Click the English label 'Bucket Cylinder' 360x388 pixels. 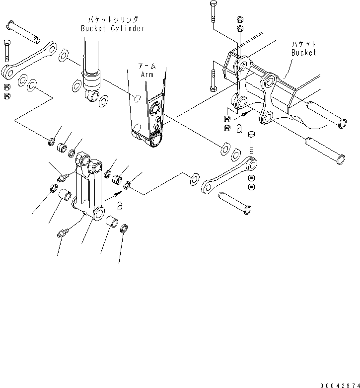[113, 28]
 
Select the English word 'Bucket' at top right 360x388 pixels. [303, 53]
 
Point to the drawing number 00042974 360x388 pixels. [339, 385]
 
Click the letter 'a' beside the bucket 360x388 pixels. [239, 129]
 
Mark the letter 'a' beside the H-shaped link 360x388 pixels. [119, 204]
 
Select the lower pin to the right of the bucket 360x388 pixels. [323, 149]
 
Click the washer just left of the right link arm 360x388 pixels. [194, 177]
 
